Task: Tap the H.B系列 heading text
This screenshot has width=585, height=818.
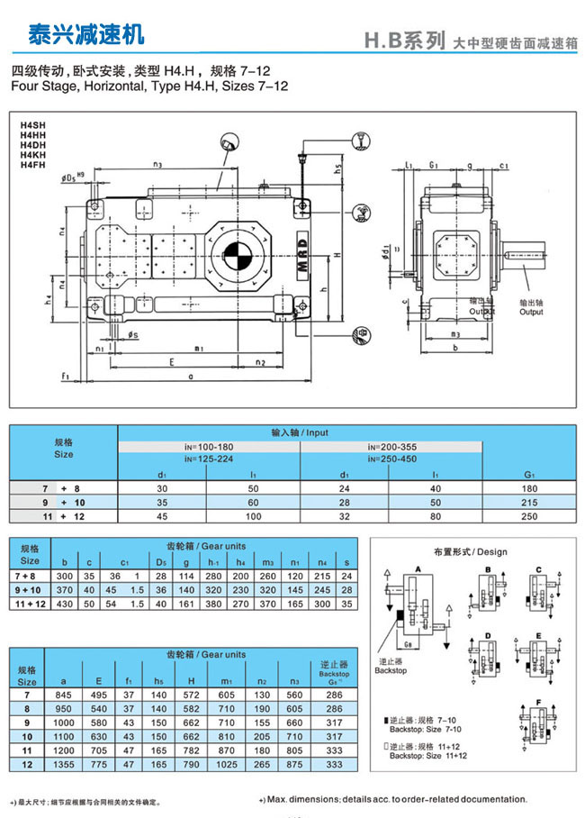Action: [x=404, y=41]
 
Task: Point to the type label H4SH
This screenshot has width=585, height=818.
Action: [x=33, y=125]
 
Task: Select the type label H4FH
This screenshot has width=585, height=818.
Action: [x=33, y=165]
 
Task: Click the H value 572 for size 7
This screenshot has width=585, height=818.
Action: [x=192, y=695]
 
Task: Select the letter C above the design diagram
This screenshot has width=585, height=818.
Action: [x=539, y=568]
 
